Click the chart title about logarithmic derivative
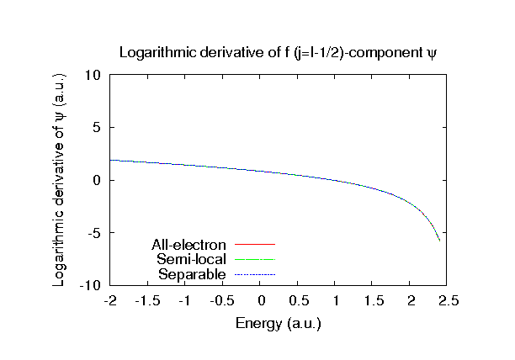279,52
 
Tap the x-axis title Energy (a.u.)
279,322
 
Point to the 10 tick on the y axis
93,75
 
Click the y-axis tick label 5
97,128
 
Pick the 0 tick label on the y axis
97,181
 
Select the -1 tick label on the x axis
185,301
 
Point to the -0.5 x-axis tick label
222,301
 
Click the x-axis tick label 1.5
373,301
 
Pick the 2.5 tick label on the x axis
448,301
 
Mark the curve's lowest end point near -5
439,241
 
